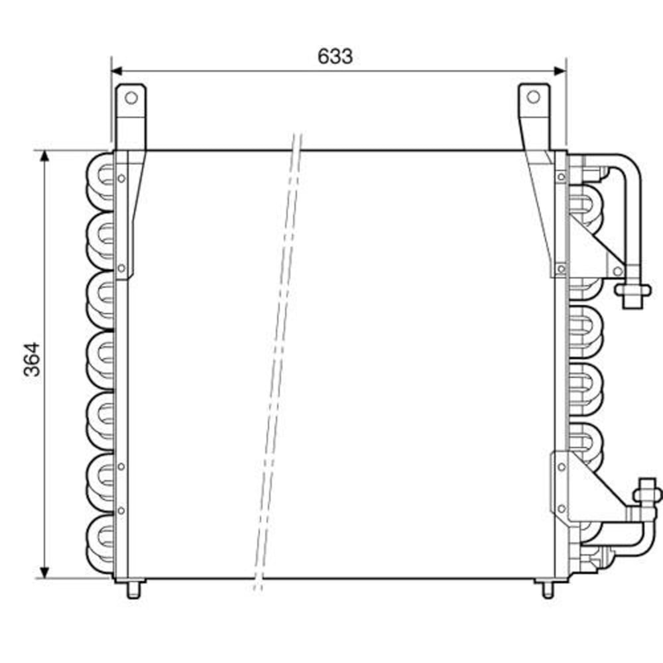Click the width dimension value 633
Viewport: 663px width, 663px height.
[x=335, y=56]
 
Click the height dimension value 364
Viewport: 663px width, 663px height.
[x=32, y=359]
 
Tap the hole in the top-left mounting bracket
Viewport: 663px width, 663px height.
[x=131, y=98]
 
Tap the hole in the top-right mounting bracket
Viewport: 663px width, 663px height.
[x=534, y=97]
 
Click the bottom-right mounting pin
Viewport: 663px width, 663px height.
[x=548, y=589]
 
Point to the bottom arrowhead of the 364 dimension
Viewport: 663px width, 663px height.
[x=44, y=572]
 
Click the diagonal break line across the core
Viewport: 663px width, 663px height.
[x=278, y=358]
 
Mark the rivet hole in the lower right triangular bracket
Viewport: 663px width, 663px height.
[x=562, y=509]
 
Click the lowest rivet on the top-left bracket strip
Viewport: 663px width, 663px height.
[x=121, y=269]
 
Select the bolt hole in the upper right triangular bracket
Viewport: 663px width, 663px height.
[x=618, y=271]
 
